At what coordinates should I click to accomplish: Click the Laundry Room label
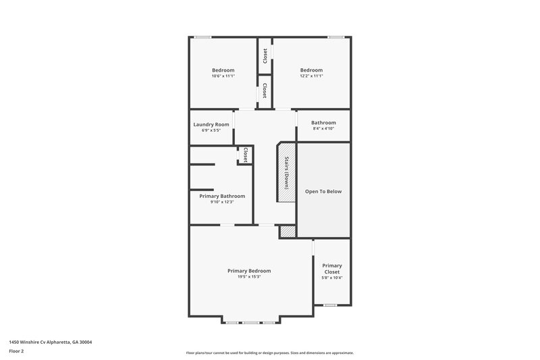pos(211,124)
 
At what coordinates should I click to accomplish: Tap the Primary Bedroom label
pos(249,270)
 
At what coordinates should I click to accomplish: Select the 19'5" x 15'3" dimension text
pos(249,276)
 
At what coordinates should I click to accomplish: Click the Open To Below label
pos(323,191)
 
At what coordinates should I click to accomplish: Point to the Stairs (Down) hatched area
pos(286,172)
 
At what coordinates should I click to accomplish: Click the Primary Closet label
pos(331,269)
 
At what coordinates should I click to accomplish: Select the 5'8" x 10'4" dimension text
pos(331,278)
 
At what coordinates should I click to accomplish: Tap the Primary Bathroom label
pos(222,196)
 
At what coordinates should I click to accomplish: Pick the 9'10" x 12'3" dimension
pos(222,202)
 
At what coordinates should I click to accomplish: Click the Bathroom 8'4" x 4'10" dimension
pos(323,128)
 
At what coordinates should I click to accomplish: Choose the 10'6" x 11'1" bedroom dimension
pos(223,76)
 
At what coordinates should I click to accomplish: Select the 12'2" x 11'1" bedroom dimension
pos(311,76)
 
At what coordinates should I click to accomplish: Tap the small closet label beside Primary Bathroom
pos(245,155)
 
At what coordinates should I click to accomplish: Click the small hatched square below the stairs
pos(288,231)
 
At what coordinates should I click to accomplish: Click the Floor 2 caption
pos(16,351)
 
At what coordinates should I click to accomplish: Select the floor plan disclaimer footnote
pos(269,353)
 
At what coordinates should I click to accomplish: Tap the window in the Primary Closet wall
pos(330,305)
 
